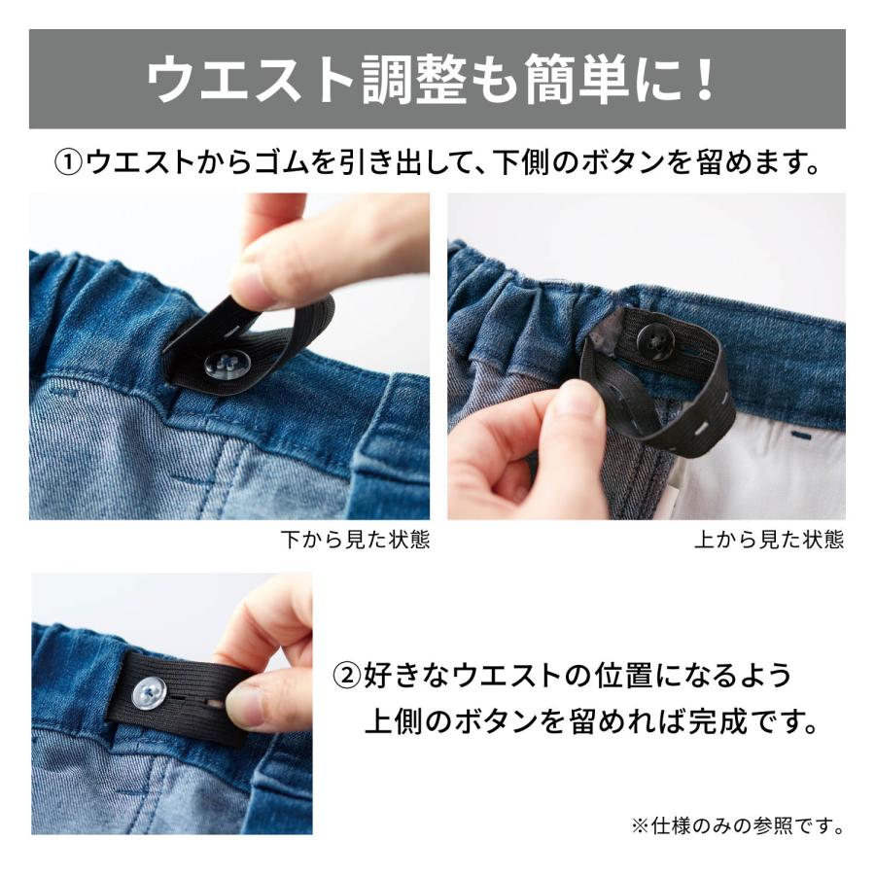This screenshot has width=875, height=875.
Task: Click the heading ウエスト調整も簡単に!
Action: click(437, 80)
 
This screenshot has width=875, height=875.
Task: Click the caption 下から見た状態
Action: click(354, 540)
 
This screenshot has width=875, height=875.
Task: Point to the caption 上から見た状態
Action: click(769, 540)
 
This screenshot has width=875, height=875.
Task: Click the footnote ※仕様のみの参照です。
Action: click(737, 826)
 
